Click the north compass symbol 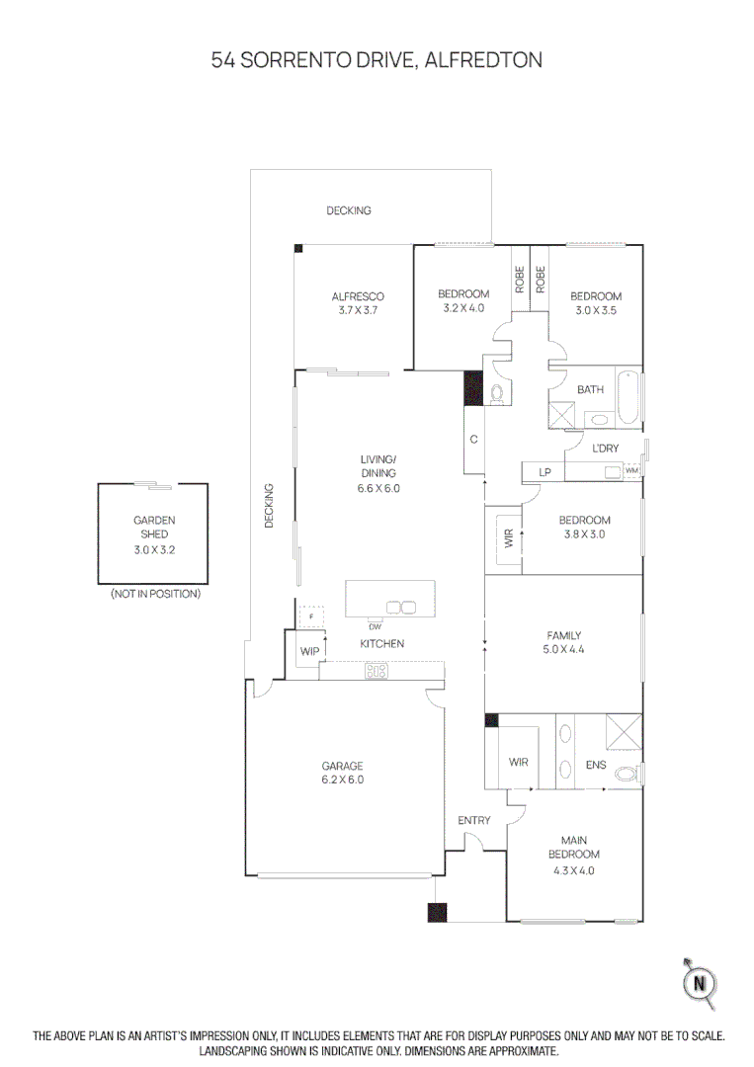pyautogui.click(x=700, y=982)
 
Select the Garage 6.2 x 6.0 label pyautogui.click(x=342, y=773)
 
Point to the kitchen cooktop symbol pyautogui.click(x=377, y=671)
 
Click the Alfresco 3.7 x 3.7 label pyautogui.click(x=357, y=303)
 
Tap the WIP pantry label pyautogui.click(x=309, y=652)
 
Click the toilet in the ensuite pyautogui.click(x=627, y=774)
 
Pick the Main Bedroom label pyautogui.click(x=573, y=855)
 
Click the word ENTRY pyautogui.click(x=474, y=821)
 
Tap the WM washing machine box pyautogui.click(x=631, y=471)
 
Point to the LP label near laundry pyautogui.click(x=545, y=472)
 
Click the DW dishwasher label pyautogui.click(x=375, y=627)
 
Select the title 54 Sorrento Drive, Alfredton pyautogui.click(x=377, y=60)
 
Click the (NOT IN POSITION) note pyautogui.click(x=154, y=594)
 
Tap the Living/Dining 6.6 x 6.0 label pyautogui.click(x=377, y=473)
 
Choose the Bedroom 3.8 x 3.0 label pyautogui.click(x=584, y=527)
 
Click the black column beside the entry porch pyautogui.click(x=437, y=912)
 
